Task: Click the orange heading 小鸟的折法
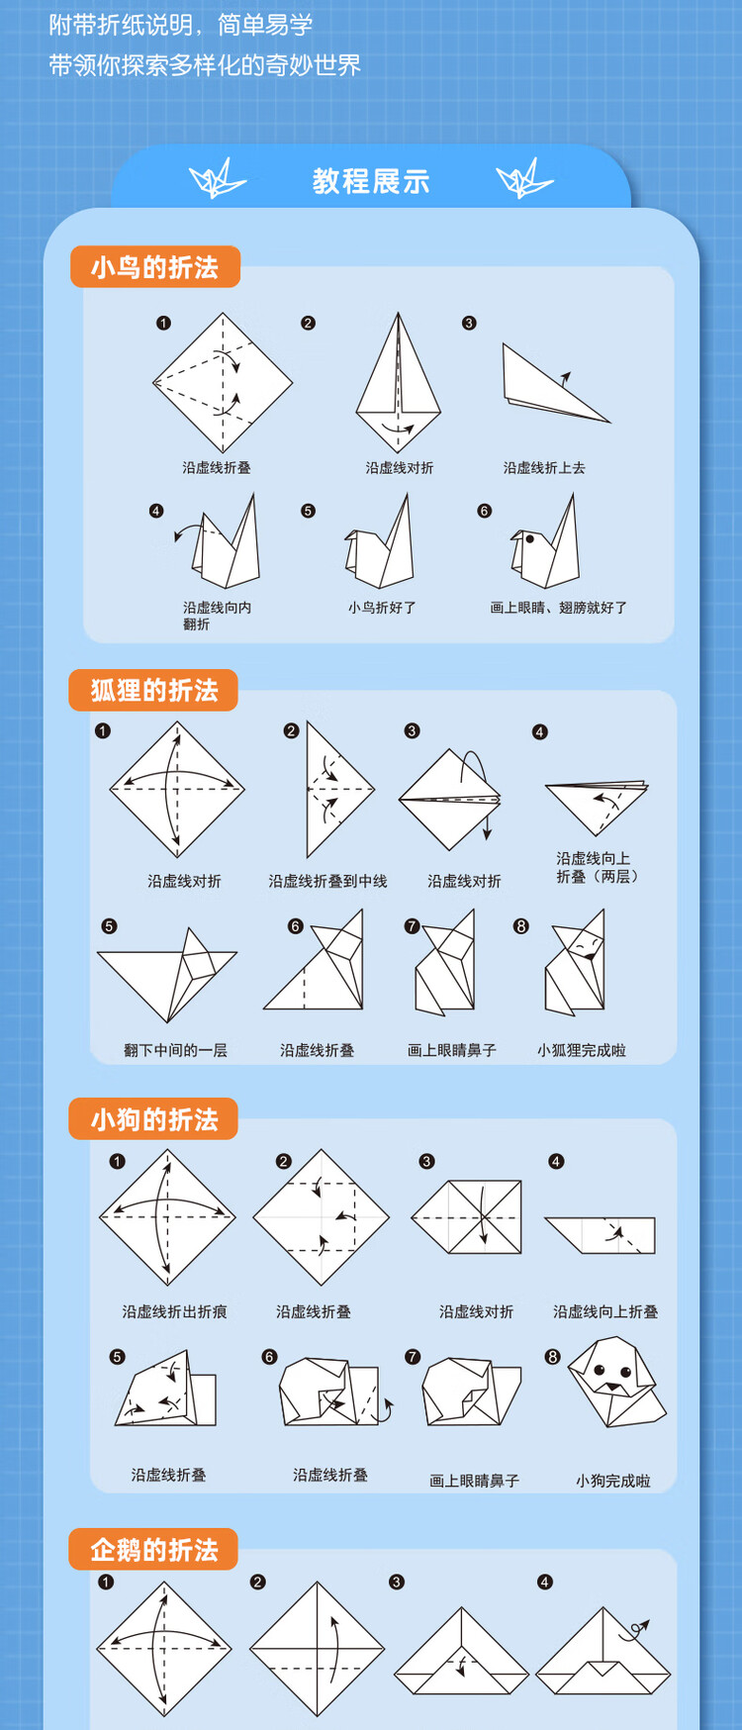point(154,267)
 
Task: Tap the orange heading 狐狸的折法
point(153,691)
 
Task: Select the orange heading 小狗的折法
point(153,1119)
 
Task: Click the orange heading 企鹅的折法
point(153,1550)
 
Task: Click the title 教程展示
point(371,181)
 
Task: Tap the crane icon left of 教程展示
point(218,179)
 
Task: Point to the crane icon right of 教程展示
point(524,179)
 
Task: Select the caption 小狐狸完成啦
point(581,1050)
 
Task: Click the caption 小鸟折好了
point(382,608)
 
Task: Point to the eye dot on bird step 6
point(530,539)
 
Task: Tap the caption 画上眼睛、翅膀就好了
point(558,608)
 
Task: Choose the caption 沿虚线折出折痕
point(174,1311)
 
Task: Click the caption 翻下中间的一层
point(175,1050)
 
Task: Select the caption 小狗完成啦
point(612,1481)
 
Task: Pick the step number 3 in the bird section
point(469,323)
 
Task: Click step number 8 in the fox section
point(521,926)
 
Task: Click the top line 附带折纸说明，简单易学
point(181,25)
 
